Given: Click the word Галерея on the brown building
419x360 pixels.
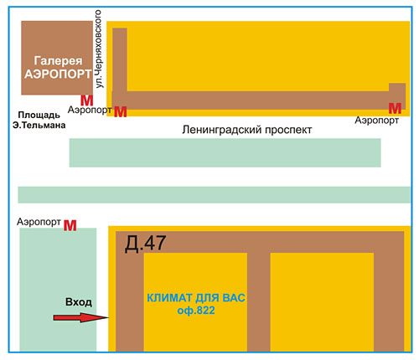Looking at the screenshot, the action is [58, 61].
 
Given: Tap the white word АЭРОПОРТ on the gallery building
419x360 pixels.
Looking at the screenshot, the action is [58, 74].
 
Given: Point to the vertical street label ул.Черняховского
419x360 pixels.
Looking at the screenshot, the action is [98, 49].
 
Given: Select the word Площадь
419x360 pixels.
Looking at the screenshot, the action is [39, 115].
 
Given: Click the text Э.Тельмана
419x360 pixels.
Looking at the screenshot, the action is [39, 125].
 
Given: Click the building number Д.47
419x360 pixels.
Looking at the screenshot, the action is [145, 244].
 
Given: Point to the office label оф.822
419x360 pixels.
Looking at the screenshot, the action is [196, 311].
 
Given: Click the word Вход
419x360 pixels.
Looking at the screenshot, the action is [79, 302].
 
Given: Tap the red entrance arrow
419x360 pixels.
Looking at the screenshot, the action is [80, 317].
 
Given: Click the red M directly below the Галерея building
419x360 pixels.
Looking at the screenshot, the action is [87, 100].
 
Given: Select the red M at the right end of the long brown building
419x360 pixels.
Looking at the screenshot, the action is [395, 109].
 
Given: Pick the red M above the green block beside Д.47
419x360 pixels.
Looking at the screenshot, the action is [70, 225].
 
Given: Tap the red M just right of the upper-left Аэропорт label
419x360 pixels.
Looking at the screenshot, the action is [121, 111].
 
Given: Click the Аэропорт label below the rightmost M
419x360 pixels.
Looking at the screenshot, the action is [376, 121].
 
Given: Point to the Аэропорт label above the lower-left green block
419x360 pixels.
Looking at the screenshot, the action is [39, 222].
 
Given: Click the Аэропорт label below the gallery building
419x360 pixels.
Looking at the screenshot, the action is [90, 110].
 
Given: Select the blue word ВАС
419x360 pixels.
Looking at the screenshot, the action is [234, 298].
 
